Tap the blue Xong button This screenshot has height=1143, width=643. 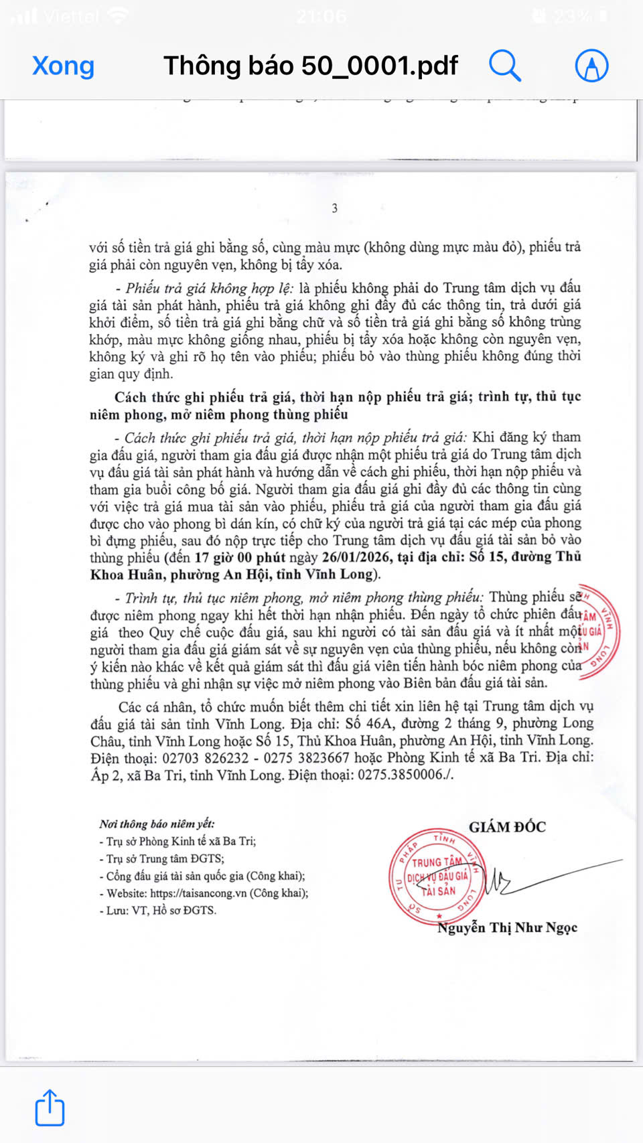coord(63,66)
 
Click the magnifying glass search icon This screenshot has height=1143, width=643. coord(504,66)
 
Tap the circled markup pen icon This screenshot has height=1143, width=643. coord(591,66)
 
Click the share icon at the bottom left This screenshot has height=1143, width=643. coord(50,1108)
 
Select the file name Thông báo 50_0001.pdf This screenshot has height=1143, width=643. coord(310,66)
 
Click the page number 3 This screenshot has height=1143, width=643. coord(334,208)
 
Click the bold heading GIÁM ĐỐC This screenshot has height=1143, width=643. coord(507,827)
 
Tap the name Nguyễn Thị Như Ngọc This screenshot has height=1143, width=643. coord(507,927)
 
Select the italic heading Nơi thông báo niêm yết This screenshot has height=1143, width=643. coord(157,824)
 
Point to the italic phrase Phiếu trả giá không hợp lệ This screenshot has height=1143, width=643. coord(208,289)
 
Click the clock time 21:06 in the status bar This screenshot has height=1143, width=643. coord(321,16)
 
